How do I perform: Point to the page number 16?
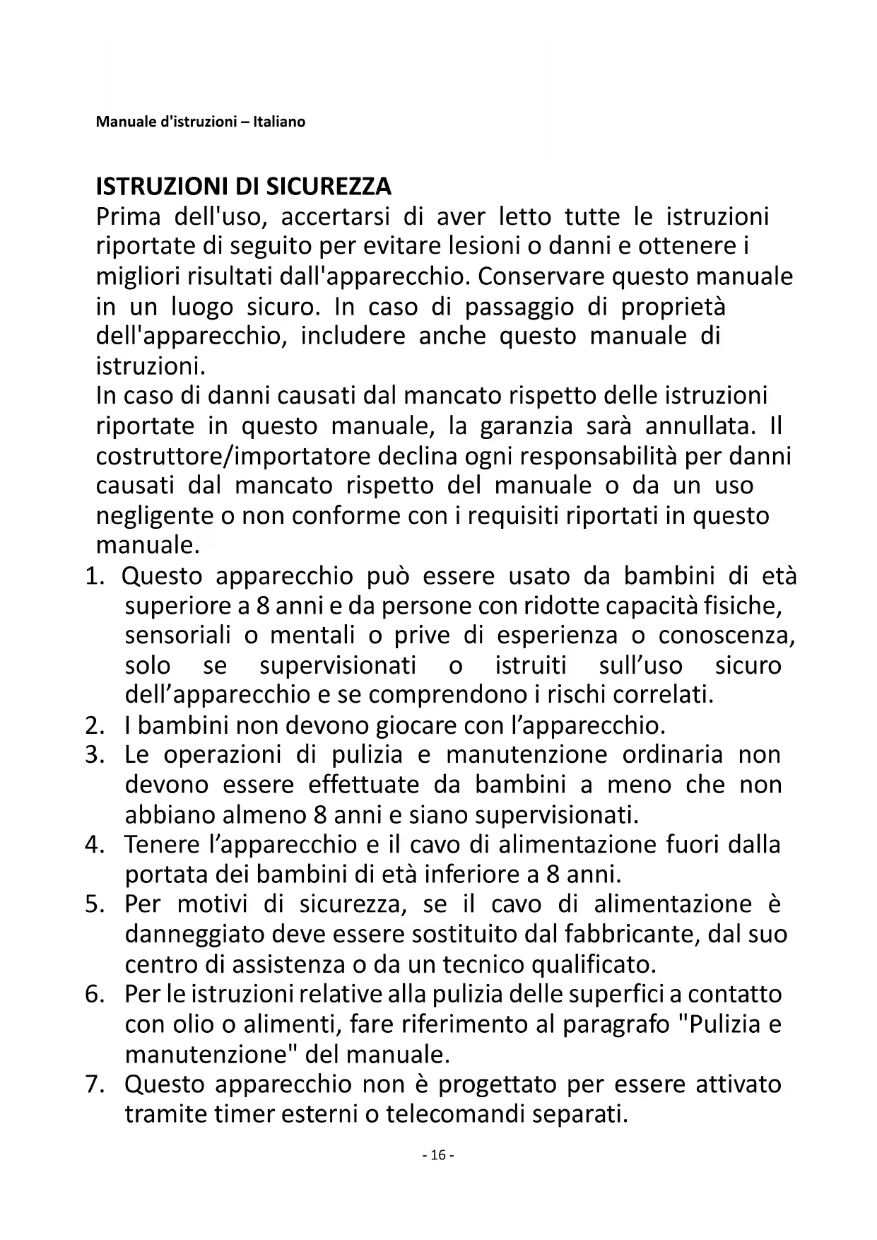438,1154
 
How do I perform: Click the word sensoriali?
177,635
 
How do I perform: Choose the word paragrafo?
616,1024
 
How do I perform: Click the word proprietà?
673,307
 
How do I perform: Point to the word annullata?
700,426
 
